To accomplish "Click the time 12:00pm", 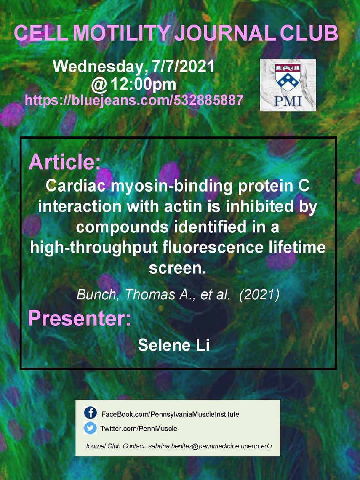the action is [143, 84].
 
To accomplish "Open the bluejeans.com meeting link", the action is [134, 100].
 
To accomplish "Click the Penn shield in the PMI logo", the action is [288, 77].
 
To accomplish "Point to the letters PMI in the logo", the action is [288, 101].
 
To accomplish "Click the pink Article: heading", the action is [64, 162].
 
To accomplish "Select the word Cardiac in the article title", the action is [76, 186].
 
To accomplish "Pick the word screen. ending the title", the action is [178, 268].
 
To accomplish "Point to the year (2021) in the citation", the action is [259, 295].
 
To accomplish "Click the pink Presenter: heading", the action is [79, 318].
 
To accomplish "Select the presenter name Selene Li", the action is [173, 345].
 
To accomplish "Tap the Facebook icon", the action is [90, 413].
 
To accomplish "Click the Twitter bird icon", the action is [90, 428].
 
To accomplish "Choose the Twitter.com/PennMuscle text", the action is [139, 428].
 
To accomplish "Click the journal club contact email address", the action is [210, 446].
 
